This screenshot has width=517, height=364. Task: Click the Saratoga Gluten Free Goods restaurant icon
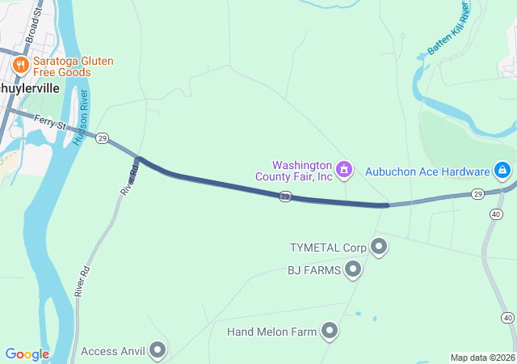click(x=21, y=64)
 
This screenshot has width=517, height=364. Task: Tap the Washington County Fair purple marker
click(x=345, y=169)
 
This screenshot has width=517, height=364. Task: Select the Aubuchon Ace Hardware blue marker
click(x=502, y=171)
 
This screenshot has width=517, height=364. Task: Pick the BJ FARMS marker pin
click(x=352, y=269)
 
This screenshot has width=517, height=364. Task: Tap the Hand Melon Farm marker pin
click(x=330, y=330)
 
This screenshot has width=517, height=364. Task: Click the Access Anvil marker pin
click(x=158, y=350)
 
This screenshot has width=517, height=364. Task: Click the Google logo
click(x=27, y=354)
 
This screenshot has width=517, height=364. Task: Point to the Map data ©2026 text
click(x=482, y=358)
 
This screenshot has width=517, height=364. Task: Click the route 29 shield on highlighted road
click(x=285, y=197)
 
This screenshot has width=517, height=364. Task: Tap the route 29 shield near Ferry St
click(x=103, y=139)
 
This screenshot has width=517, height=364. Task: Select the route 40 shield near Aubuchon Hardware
click(x=494, y=213)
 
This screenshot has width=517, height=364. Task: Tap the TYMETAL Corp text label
click(x=329, y=247)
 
